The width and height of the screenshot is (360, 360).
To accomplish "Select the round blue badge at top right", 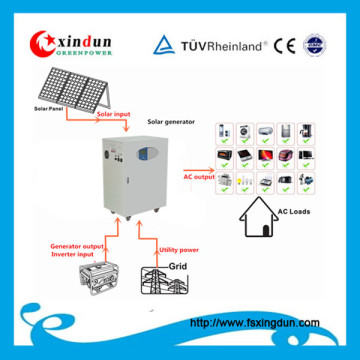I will (x=315, y=44).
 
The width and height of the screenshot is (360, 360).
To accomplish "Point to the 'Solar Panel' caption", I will (x=49, y=107).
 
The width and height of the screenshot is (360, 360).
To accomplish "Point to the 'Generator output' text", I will (x=75, y=246).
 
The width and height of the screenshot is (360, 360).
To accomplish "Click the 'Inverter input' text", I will (x=71, y=256).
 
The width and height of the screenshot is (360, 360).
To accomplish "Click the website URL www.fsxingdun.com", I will (x=254, y=322).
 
